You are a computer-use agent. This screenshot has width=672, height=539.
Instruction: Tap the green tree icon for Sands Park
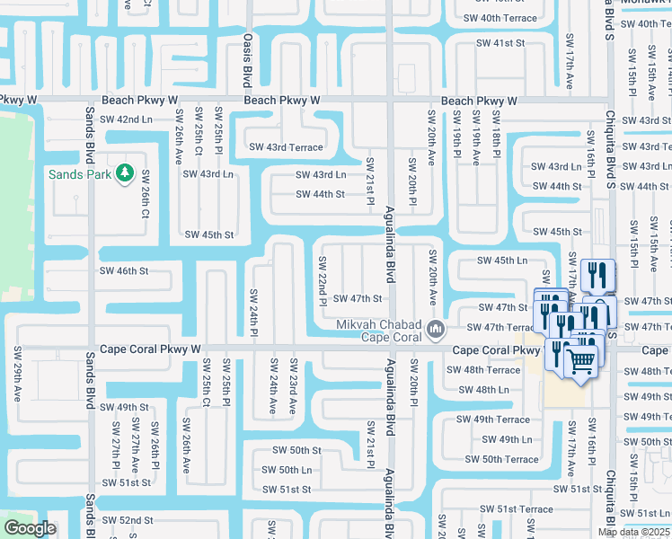tap(125, 171)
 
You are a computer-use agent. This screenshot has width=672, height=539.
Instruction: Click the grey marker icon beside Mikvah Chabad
tap(436, 329)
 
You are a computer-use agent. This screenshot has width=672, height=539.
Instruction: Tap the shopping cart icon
tap(581, 360)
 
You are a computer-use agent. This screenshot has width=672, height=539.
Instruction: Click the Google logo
tap(30, 528)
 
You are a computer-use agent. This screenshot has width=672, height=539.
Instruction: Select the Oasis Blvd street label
tap(247, 61)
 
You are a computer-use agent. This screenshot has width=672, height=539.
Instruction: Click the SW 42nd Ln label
tap(123, 119)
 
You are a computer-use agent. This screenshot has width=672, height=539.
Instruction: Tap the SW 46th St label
tap(123, 269)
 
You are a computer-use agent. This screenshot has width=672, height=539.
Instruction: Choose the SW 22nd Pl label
tap(322, 280)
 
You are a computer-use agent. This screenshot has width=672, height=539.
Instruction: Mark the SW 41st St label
tap(500, 43)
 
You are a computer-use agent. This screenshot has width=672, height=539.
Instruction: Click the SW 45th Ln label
tap(502, 260)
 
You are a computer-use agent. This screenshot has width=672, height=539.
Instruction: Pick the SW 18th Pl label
tap(495, 133)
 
